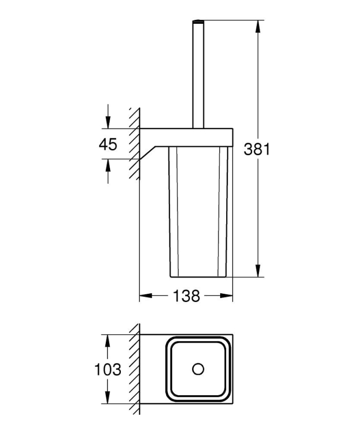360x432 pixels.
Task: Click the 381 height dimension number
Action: pos(256,149)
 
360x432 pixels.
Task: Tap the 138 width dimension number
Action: pos(186,296)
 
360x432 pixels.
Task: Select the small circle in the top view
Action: pos(198,369)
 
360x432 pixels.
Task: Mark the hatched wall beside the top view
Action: pos(134,369)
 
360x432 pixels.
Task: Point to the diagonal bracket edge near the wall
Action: pos(147,153)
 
